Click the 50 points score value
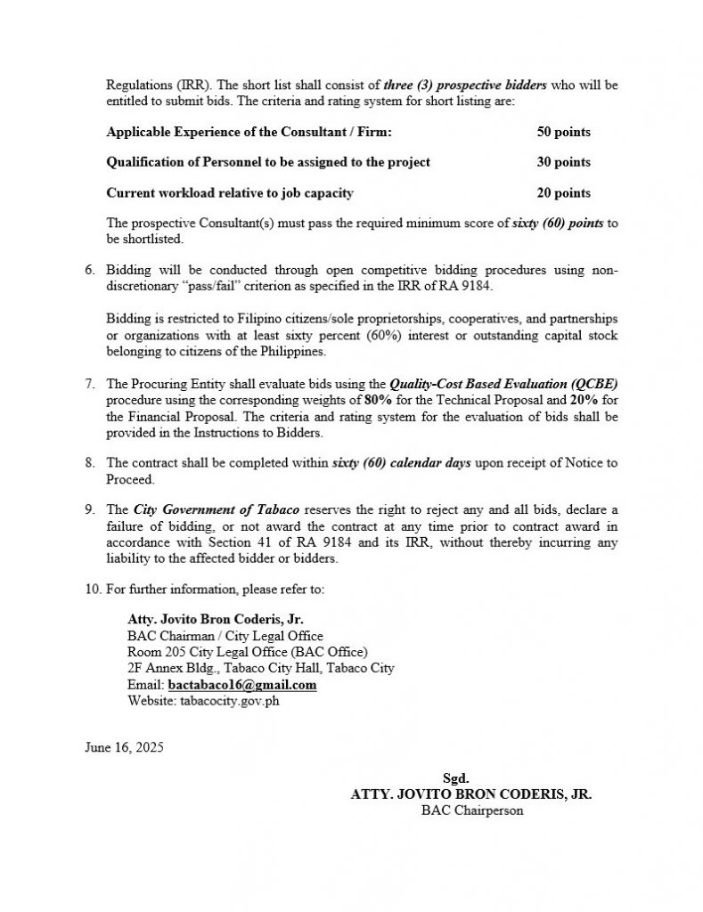point(563,132)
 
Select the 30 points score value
point(563,162)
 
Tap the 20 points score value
point(563,192)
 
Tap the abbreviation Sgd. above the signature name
point(455,778)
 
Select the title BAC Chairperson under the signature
point(472,810)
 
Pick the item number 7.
point(89,384)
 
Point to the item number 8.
point(89,463)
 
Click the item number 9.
point(89,509)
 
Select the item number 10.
point(92,589)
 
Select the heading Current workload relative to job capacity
point(230,192)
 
